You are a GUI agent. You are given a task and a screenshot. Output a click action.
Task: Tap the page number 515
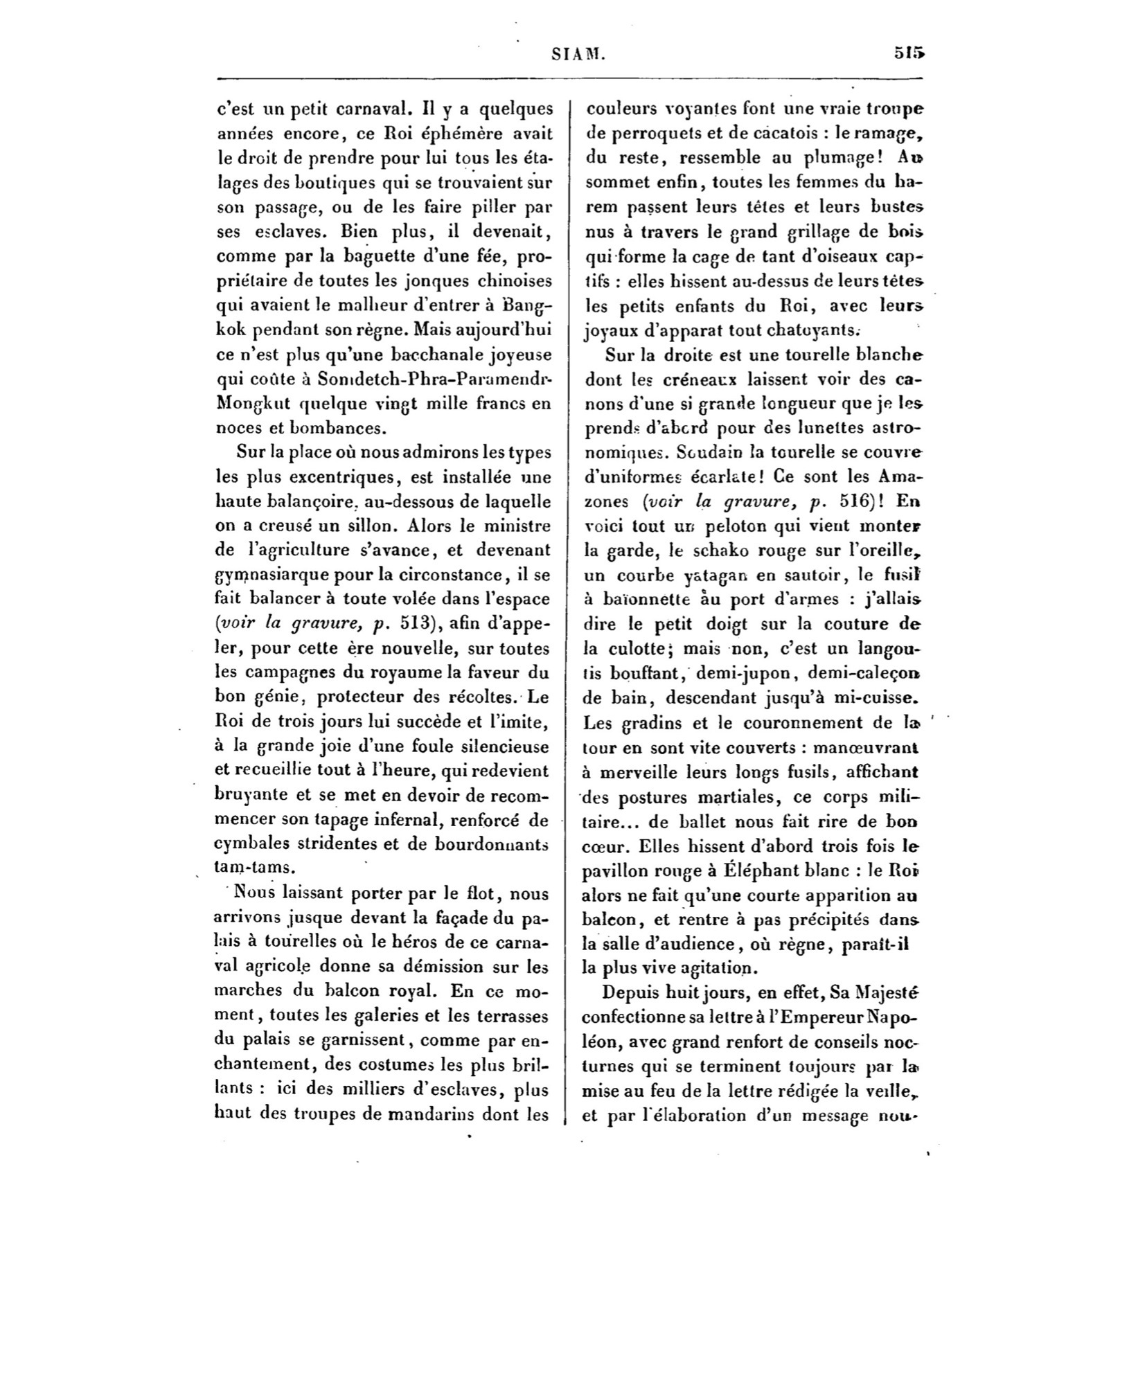coord(909,53)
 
